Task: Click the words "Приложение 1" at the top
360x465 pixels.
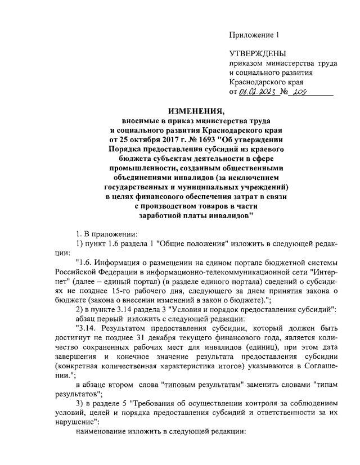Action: click(x=254, y=35)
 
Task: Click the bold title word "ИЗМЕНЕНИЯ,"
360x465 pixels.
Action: click(x=180, y=111)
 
